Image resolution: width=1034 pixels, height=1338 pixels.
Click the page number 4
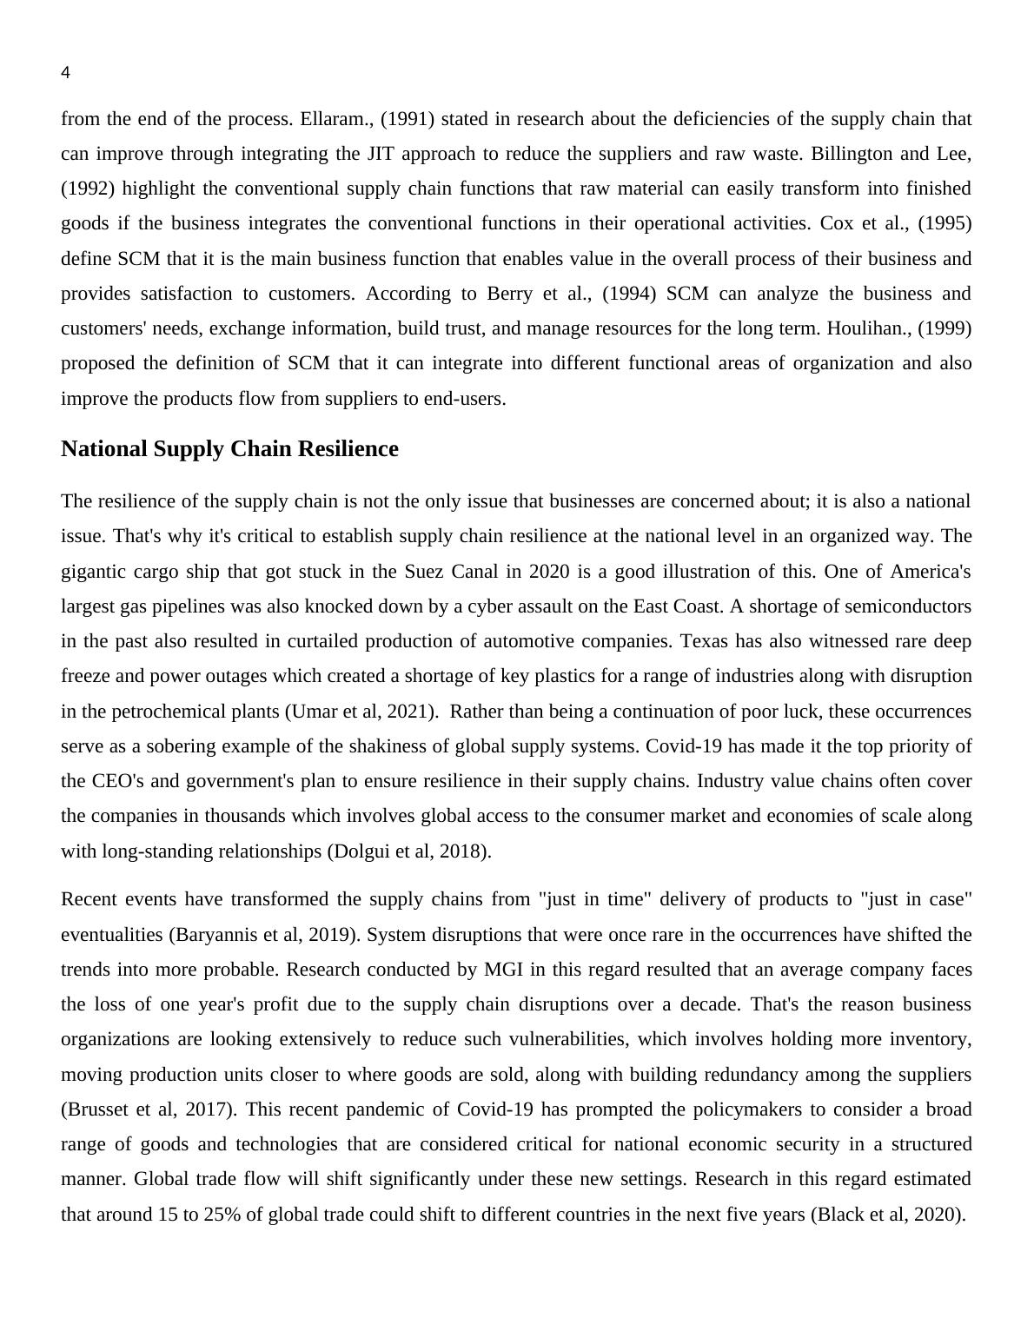(x=65, y=74)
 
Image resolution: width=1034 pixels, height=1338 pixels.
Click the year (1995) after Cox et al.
(x=945, y=223)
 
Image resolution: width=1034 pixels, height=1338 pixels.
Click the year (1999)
(x=945, y=328)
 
